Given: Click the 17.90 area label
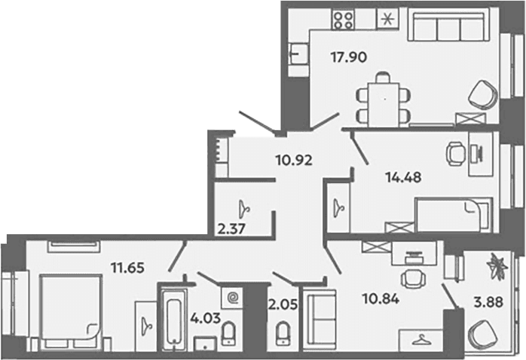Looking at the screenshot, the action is [x=349, y=57].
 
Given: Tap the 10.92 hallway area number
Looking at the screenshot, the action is [x=294, y=160].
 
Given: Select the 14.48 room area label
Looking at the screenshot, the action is [x=404, y=177].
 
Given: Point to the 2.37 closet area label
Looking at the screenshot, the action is [x=232, y=229].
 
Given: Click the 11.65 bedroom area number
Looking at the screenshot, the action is [x=128, y=268].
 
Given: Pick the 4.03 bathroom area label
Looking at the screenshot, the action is [x=205, y=318].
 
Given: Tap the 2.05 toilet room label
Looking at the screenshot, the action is [x=283, y=304].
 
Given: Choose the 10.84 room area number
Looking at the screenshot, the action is [x=381, y=298].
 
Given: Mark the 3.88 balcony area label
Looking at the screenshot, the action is [x=488, y=302].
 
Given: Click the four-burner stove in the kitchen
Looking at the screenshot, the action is [x=343, y=19].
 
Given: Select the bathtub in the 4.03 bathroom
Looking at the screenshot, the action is [x=173, y=321].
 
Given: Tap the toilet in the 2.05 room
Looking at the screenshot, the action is [x=283, y=333].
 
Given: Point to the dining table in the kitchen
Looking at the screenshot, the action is [x=384, y=105].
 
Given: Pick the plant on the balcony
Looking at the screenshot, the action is [x=498, y=266].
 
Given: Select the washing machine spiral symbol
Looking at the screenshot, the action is [x=232, y=296].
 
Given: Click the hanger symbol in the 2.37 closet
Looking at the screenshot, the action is [x=244, y=209].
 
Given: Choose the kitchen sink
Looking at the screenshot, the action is [x=298, y=53].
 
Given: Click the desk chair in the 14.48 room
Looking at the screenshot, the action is [x=456, y=154].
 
